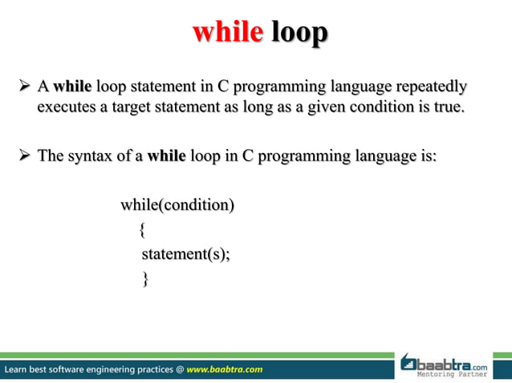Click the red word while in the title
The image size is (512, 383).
pyautogui.click(x=228, y=32)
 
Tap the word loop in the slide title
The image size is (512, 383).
pyautogui.click(x=299, y=32)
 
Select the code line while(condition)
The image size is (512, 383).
pyautogui.click(x=177, y=206)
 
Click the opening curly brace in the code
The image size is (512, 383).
pyautogui.click(x=142, y=231)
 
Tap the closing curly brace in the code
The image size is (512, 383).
pyautogui.click(x=144, y=279)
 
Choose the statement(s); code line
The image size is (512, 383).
pyautogui.click(x=185, y=255)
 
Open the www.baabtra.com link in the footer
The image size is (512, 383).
pyautogui.click(x=224, y=369)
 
